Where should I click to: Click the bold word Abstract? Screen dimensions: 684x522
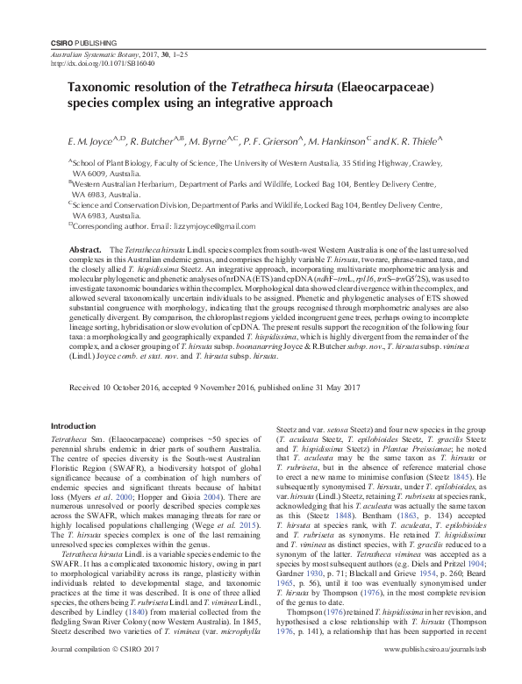pos(88,251)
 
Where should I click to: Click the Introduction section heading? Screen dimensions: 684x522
pos(78,425)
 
